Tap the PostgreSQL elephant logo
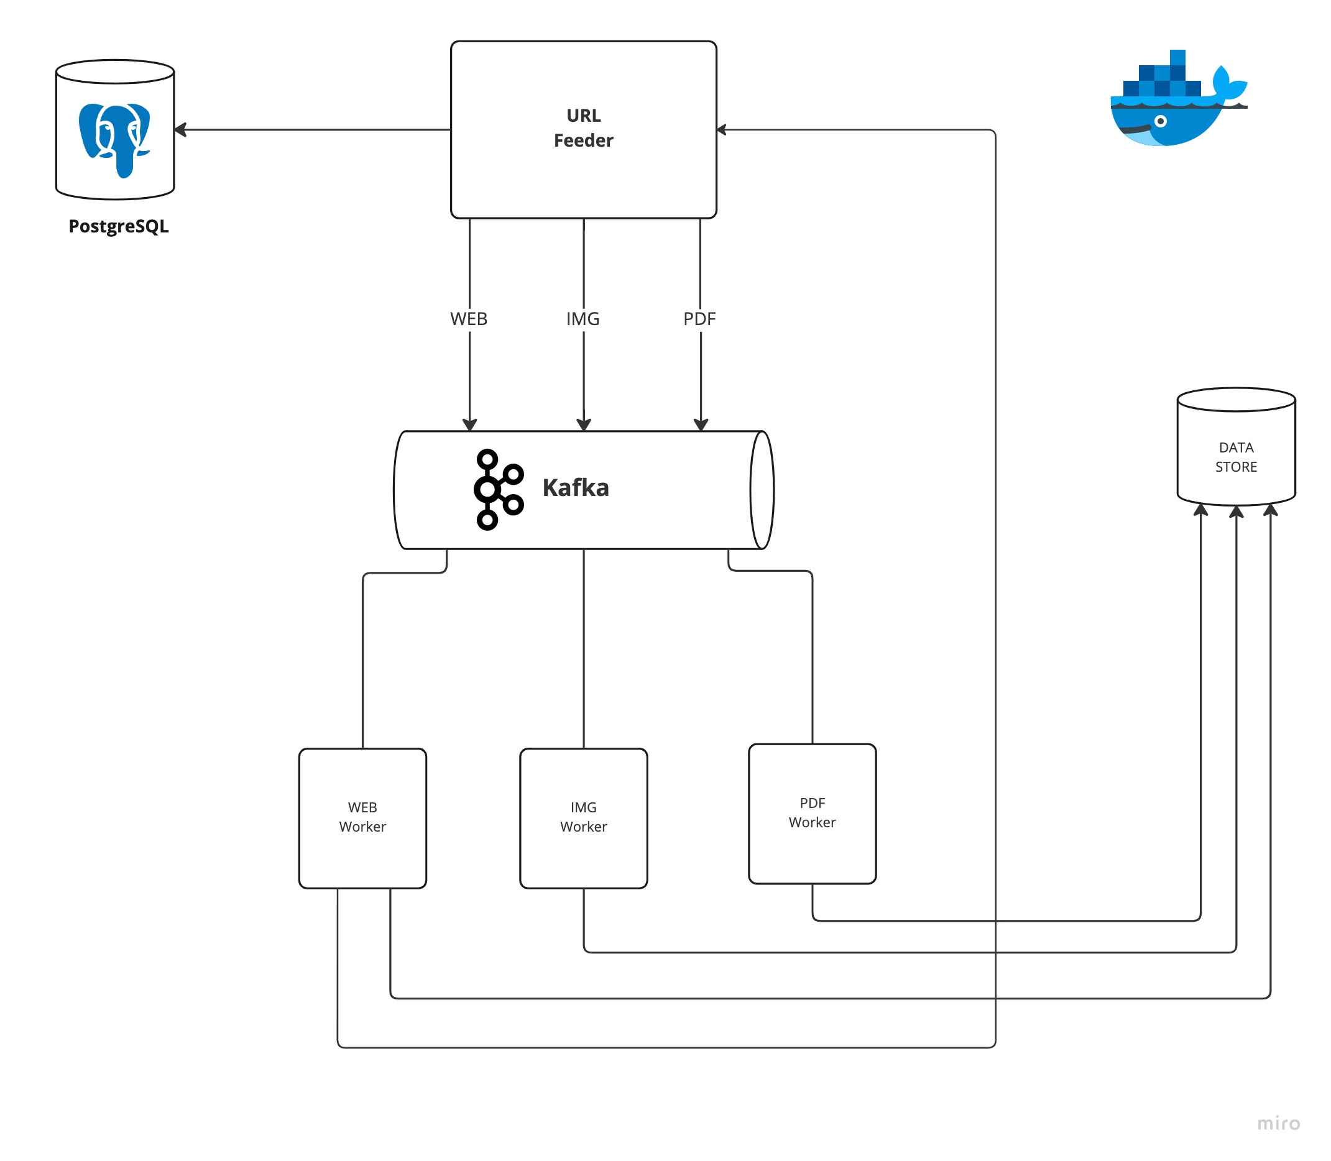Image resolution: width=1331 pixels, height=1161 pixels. pos(114,139)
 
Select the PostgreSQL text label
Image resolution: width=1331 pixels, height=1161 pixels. pos(119,226)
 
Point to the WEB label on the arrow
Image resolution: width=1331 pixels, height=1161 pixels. pos(469,319)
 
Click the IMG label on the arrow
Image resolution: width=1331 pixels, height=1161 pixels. pos(583,319)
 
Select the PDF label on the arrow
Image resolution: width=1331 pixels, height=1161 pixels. pos(699,319)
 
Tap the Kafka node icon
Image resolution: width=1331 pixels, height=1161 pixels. pos(498,489)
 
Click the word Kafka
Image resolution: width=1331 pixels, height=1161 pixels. pos(576,488)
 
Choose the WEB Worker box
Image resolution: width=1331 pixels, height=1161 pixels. pos(362,818)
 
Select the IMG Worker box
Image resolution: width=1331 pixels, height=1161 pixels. pos(583,818)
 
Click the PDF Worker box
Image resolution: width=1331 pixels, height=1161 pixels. pos(812,813)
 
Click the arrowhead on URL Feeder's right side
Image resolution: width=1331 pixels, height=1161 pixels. pos(722,129)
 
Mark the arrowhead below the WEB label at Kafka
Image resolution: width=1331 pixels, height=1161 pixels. pos(469,424)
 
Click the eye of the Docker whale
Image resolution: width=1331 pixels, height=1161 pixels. pos(1161,121)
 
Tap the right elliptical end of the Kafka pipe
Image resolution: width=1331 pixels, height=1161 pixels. pos(762,490)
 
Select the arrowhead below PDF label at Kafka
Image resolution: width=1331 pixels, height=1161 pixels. pos(701,424)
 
